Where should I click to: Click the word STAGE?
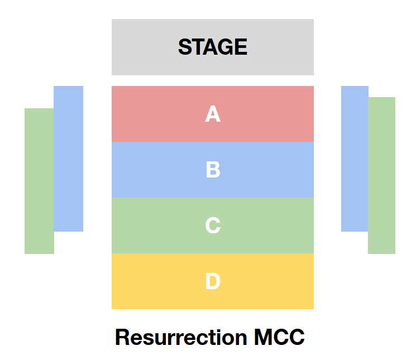point(212,47)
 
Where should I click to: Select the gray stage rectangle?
point(145,47)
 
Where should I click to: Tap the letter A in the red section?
point(212,114)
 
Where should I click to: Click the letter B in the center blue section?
point(213,170)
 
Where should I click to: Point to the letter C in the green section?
point(213,225)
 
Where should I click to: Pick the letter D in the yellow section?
point(213,281)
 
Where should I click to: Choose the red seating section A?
point(151,114)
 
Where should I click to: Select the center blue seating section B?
point(151,170)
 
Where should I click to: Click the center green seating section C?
point(151,225)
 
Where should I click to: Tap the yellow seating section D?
point(151,281)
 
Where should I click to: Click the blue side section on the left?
point(69,159)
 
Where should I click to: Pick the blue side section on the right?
point(355,159)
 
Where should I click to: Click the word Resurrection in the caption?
point(181,337)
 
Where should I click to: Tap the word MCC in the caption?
point(279,337)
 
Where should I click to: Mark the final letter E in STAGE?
point(241,47)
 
